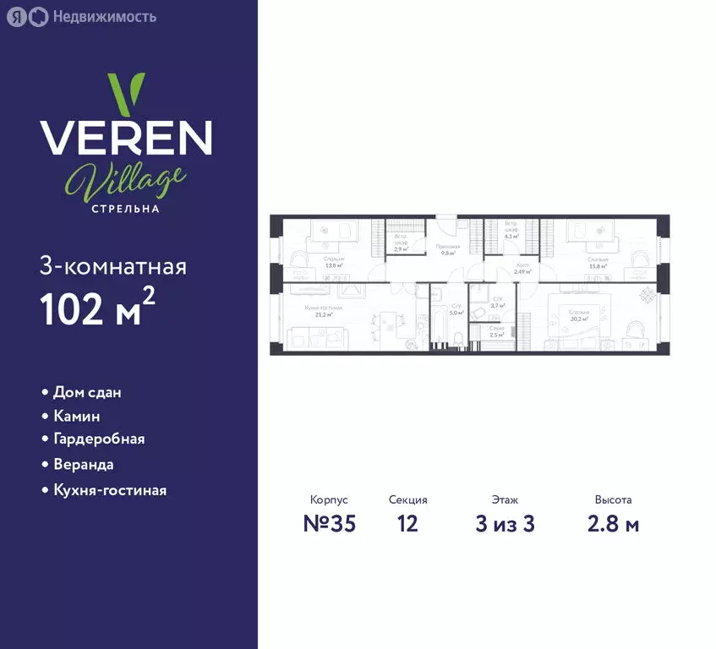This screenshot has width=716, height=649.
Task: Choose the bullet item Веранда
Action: pos(83,464)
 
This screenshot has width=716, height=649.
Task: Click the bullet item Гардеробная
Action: pos(98,439)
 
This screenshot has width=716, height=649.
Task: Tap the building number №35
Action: pos(329,524)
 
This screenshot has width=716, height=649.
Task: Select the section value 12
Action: pos(407,524)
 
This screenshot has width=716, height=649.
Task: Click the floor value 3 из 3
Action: pos(505,524)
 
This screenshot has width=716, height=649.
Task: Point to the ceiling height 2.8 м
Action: pos(613,524)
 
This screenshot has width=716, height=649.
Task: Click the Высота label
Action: pos(613,500)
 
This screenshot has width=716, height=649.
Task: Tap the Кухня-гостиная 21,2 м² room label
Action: pos(324,311)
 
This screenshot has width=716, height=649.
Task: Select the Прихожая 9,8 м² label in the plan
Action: pos(447,249)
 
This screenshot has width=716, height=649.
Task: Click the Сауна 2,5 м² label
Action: pos(497,332)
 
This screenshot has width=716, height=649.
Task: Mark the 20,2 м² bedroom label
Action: pos(579,315)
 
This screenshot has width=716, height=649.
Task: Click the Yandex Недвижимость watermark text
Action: pos(103,16)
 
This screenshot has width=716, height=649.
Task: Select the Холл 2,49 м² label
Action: pos(522,269)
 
